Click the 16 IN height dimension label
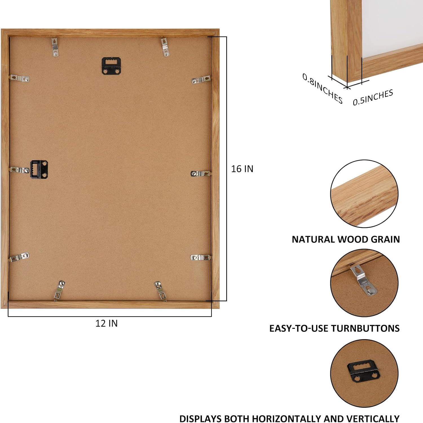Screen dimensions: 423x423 pos(242,169)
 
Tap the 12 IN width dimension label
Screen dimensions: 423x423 pos(106,323)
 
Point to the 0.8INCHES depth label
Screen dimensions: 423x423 pos(322,88)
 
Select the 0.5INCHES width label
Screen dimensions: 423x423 pos(373,97)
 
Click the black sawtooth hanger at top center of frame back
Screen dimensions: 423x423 pos(111,66)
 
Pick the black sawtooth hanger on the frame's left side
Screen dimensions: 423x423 pos(39,169)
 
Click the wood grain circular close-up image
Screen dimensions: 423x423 pos(364,194)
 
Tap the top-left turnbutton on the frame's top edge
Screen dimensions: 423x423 pos(55,47)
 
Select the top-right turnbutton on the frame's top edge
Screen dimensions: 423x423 pos(166,47)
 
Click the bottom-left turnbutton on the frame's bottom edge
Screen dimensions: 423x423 pos(59,291)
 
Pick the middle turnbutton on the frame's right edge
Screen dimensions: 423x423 pos(201,173)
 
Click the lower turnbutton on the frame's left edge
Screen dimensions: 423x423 pos(19,257)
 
